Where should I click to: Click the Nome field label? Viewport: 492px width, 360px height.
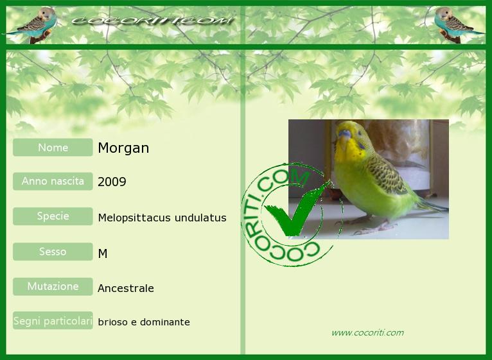[53, 148]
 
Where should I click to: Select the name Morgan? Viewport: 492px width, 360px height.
[123, 148]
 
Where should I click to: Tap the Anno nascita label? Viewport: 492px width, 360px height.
[53, 181]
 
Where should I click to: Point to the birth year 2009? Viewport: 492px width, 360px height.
[112, 182]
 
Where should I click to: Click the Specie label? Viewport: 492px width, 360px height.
[53, 216]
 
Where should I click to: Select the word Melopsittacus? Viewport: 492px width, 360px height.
[135, 218]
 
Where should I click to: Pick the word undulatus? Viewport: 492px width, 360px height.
[200, 218]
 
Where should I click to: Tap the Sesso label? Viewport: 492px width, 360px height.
[53, 252]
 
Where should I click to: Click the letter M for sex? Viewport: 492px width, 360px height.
[103, 253]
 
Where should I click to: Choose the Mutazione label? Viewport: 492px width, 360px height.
[53, 286]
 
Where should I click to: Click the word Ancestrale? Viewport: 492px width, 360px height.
[126, 288]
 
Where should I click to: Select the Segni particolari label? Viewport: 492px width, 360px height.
[53, 320]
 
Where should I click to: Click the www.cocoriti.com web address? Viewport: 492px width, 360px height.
[368, 332]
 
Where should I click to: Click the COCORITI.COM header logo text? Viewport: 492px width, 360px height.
[152, 21]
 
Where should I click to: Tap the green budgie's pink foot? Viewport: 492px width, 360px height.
[375, 228]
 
